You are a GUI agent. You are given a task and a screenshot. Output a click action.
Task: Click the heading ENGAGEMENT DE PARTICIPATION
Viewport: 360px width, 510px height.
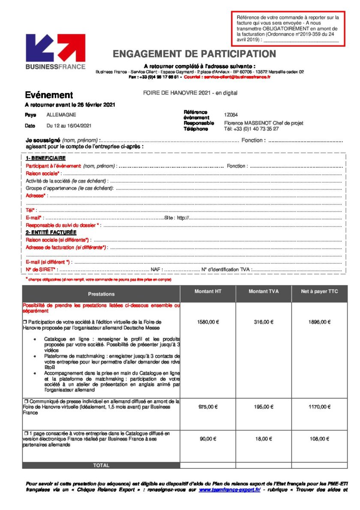pos(194,54)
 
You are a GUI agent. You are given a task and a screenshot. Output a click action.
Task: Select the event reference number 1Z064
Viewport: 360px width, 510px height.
pos(231,115)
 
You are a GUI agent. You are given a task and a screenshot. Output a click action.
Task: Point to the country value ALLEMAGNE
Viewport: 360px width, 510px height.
pos(61,115)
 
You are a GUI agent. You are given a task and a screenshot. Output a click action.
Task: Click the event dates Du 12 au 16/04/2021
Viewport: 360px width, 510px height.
pos(69,126)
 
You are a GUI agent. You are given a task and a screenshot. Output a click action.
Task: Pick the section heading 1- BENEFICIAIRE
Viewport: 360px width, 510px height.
pos(45,158)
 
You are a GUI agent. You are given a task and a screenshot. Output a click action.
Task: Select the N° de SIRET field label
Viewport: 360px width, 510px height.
pos(41,269)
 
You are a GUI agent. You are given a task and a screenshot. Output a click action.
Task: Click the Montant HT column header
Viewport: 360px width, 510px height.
pos(207,292)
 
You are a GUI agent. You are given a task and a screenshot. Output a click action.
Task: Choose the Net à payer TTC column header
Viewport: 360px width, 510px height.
pos(319,292)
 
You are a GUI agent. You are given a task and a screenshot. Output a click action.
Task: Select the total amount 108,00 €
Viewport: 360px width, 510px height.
pos(319,439)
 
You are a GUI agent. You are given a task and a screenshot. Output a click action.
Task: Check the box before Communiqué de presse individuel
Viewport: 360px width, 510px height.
pos(26,401)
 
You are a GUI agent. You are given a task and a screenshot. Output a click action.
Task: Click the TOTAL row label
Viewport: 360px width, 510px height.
pos(101,465)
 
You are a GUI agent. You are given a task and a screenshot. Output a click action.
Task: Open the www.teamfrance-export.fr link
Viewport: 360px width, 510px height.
pos(229,489)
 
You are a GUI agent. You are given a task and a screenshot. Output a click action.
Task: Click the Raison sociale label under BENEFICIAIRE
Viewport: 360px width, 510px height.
pos(42,173)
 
